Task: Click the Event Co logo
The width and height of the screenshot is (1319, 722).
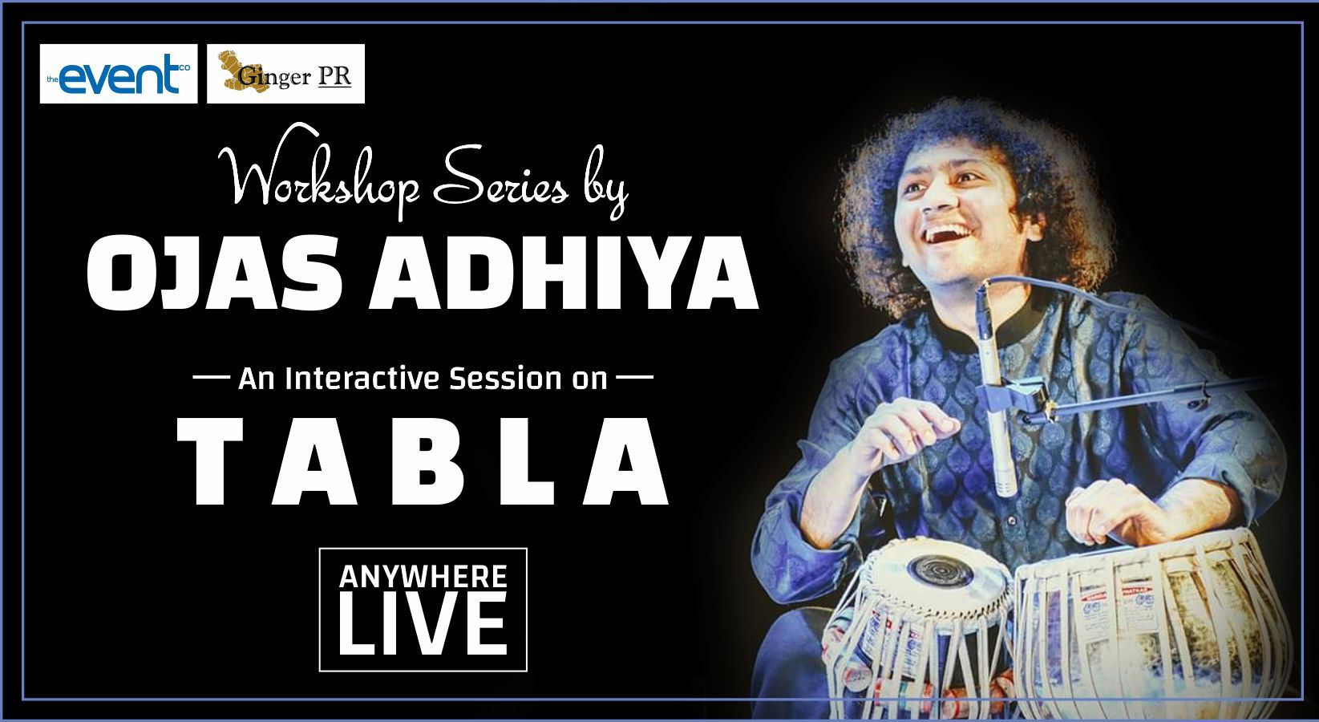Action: [119, 74]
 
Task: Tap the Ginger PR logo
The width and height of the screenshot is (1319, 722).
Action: [285, 74]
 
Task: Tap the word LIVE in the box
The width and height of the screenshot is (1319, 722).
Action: [423, 625]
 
